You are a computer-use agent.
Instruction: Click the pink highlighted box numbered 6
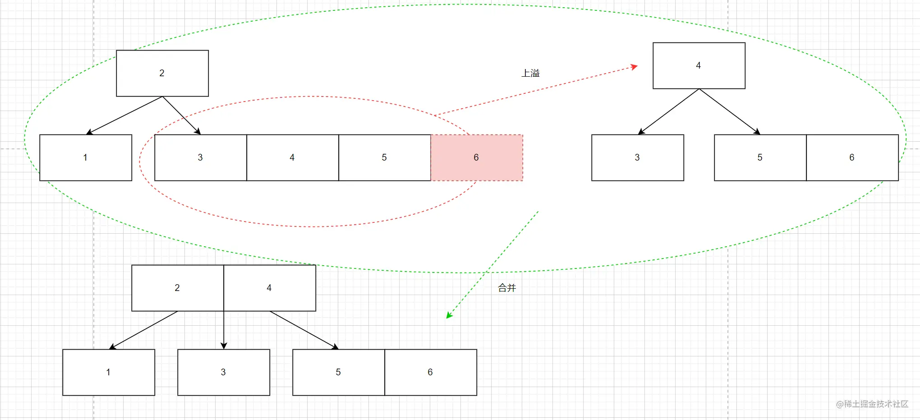click(x=477, y=157)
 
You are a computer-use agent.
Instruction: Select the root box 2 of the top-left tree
click(x=162, y=73)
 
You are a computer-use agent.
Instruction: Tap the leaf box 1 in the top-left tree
click(x=86, y=157)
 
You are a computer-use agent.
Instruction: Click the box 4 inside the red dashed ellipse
click(x=292, y=157)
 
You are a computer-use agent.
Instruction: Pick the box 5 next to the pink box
click(x=384, y=157)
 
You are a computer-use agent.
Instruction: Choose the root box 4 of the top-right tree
click(x=699, y=65)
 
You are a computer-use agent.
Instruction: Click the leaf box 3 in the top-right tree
click(x=637, y=157)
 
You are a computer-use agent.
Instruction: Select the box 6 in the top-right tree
click(x=852, y=157)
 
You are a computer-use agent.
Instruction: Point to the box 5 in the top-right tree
click(x=760, y=157)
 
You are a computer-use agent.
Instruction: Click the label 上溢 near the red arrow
click(x=530, y=73)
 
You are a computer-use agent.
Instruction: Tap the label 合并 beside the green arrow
click(x=507, y=288)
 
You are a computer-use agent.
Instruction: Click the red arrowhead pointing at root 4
click(x=634, y=67)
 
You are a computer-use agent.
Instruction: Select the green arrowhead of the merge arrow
click(x=449, y=315)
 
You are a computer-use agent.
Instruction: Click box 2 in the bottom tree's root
click(x=177, y=288)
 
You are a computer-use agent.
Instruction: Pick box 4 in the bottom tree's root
click(x=269, y=288)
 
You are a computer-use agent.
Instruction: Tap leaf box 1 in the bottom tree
click(x=108, y=372)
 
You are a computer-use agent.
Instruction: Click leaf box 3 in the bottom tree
click(x=223, y=372)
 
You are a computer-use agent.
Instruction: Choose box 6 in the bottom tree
click(x=430, y=372)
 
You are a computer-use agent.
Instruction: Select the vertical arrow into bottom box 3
click(x=224, y=329)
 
